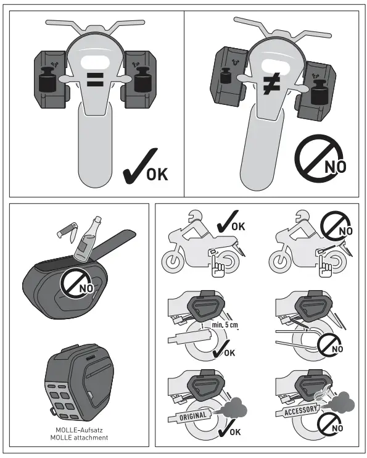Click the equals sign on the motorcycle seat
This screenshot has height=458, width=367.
point(94,79)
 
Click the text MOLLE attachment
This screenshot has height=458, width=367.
point(78,438)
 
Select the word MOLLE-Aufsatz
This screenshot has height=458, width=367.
point(78,430)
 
